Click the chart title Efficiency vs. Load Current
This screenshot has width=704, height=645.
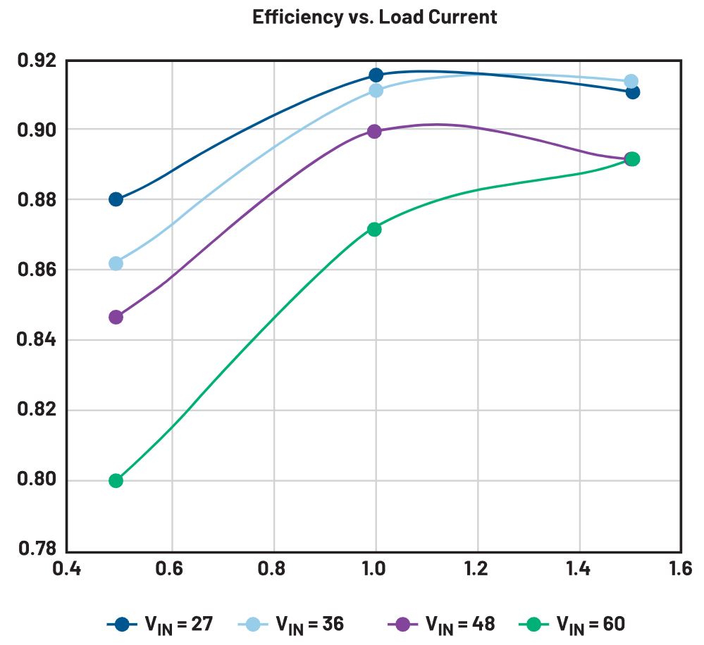pos(374,17)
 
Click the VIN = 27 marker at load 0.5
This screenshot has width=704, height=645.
pos(116,199)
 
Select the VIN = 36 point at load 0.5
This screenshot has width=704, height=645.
pos(116,263)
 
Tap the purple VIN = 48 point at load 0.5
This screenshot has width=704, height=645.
pos(116,317)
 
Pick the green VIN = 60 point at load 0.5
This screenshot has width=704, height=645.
pos(116,481)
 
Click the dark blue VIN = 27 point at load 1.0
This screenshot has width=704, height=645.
pos(375,75)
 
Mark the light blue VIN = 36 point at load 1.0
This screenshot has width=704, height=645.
pos(376,90)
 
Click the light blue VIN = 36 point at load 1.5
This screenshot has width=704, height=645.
pos(631,82)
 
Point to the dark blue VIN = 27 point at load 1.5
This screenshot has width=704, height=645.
pos(632,92)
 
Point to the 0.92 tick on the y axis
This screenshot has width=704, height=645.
pos(35,61)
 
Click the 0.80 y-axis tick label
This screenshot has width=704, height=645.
pos(35,480)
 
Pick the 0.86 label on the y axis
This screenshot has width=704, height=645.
pos(35,270)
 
